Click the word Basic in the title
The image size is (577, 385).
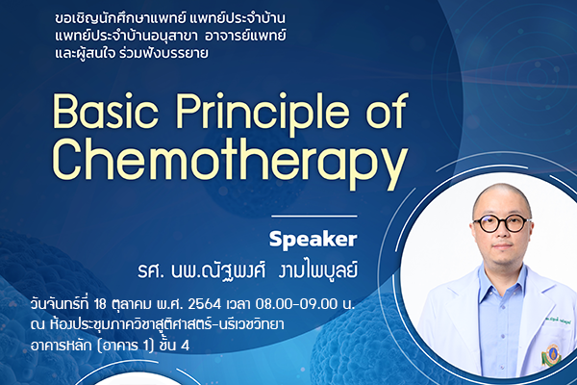[106, 111]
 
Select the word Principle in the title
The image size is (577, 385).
[263, 115]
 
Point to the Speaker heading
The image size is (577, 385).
[313, 239]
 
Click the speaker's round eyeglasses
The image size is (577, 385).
[501, 223]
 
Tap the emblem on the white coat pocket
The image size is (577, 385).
[551, 354]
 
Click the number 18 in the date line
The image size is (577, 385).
[100, 304]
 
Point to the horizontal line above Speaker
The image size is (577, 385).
[314, 217]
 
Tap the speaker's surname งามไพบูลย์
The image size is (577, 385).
[318, 271]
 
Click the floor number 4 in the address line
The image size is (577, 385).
[185, 346]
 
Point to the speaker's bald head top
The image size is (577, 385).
[502, 192]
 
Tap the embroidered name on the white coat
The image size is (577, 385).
[558, 323]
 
